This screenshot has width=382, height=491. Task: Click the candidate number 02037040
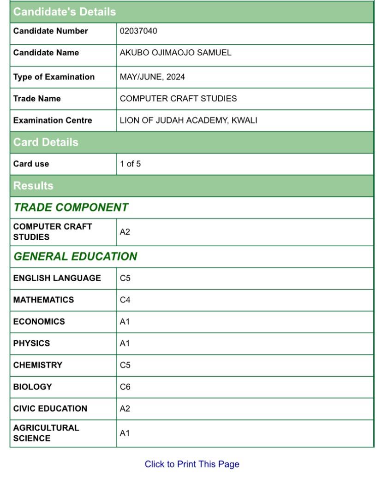[138, 31]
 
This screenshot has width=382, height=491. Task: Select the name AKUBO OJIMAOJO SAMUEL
[175, 53]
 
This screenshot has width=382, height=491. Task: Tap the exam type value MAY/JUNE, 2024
[152, 77]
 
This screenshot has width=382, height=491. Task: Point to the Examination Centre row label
[53, 121]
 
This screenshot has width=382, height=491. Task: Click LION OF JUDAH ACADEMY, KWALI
[188, 121]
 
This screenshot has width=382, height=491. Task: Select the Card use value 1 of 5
[130, 164]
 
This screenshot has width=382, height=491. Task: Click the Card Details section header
[46, 142]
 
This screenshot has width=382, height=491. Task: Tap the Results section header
[33, 186]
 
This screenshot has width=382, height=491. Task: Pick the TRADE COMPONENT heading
[71, 207]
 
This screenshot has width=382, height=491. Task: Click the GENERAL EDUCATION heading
[75, 256]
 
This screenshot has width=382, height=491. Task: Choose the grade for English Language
[125, 278]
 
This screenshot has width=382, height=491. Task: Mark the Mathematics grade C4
[125, 300]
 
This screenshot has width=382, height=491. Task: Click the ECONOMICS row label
[39, 322]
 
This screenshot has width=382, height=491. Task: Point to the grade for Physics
[125, 343]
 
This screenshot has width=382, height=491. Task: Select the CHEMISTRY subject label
[37, 365]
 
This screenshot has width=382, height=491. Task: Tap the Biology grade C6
[125, 387]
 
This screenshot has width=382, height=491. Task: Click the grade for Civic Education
[125, 409]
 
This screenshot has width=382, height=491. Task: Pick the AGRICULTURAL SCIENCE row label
[46, 433]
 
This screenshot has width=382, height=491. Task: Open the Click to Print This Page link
[192, 464]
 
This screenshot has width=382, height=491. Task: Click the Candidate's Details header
[65, 12]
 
